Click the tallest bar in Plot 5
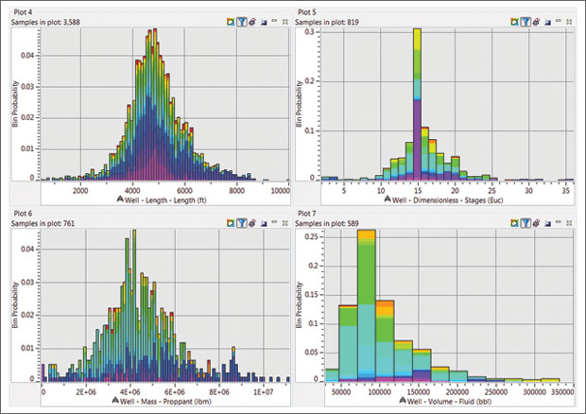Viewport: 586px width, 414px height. (417, 104)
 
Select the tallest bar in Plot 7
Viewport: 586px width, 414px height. (367, 302)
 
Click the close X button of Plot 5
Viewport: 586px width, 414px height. (574, 19)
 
